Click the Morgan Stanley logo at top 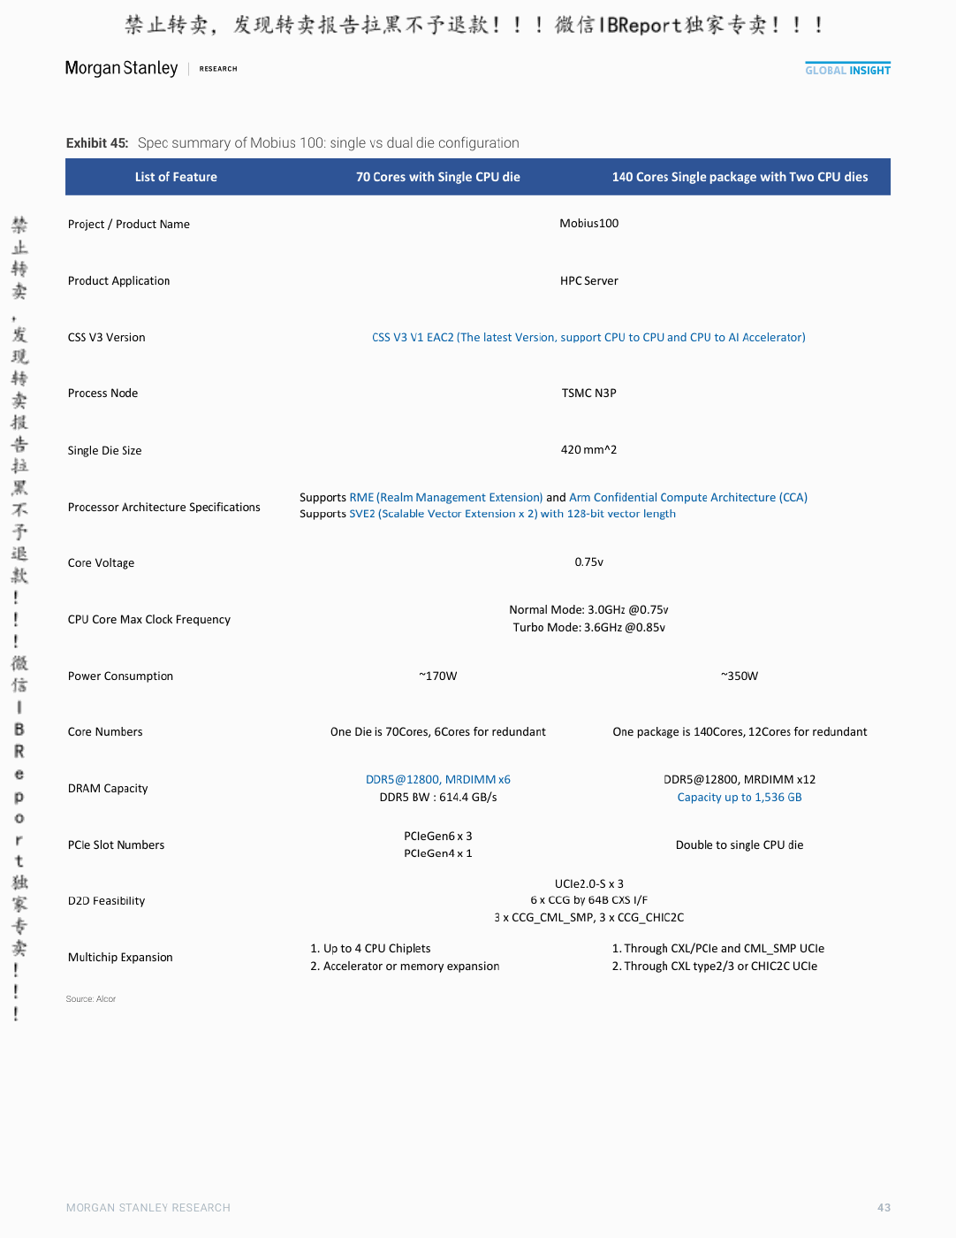(x=121, y=68)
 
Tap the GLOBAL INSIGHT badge (x=847, y=69)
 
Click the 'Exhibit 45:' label (x=97, y=142)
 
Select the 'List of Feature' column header (x=176, y=177)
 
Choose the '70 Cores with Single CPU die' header (x=437, y=177)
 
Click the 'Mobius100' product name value (x=588, y=224)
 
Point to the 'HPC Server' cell (x=588, y=280)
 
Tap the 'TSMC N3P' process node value (x=588, y=394)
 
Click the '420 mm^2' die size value (x=588, y=449)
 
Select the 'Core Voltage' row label (x=101, y=563)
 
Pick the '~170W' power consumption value (x=437, y=676)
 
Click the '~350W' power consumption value (x=740, y=676)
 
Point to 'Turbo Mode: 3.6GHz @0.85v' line (x=588, y=627)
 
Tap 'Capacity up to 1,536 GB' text (x=740, y=797)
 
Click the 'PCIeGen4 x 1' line (x=437, y=852)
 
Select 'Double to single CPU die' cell (x=740, y=844)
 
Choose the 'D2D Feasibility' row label (x=106, y=901)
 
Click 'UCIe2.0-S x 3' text (x=588, y=883)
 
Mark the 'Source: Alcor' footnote (x=90, y=998)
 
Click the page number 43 (x=884, y=1207)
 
